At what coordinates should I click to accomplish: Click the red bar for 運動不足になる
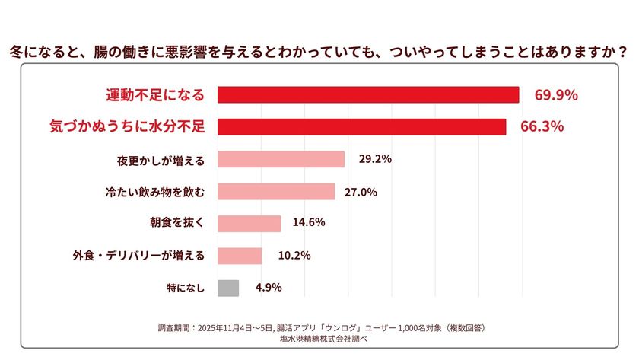pos(368,95)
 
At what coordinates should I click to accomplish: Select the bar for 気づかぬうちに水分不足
pos(361,127)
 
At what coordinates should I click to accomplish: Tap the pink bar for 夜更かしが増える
pos(281,159)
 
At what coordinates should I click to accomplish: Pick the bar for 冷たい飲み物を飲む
pos(276,191)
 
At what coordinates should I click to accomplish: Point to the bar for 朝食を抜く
pos(250,223)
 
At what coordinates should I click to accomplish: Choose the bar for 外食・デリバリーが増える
pos(240,256)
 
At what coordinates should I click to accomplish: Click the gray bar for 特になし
pos(228,288)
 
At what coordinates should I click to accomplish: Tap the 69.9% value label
pos(556,95)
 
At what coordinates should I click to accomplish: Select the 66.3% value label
pos(542,127)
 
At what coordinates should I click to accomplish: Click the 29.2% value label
pos(375,159)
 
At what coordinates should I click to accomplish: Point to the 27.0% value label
pos(361,192)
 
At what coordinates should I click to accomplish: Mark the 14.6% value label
pos(309,223)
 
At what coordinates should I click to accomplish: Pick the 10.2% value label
pos(294,256)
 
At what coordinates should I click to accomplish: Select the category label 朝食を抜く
pos(177,223)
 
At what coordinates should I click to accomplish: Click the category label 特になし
pos(186,288)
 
